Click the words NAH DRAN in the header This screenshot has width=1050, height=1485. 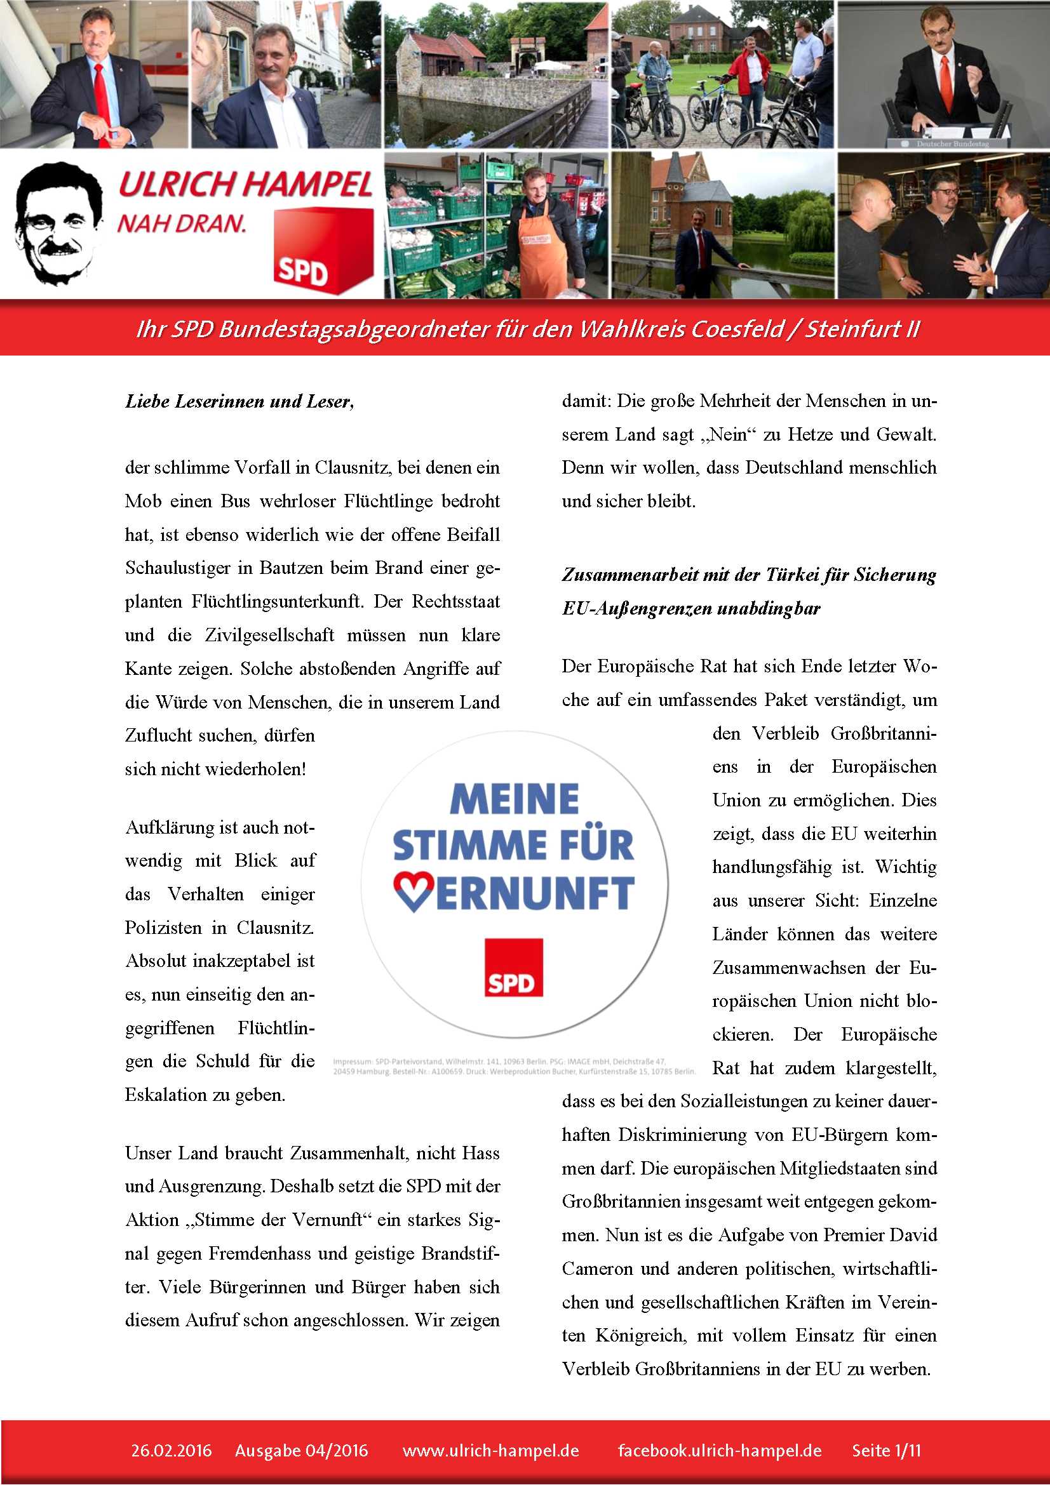tap(182, 223)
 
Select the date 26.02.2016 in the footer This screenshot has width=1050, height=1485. tap(172, 1450)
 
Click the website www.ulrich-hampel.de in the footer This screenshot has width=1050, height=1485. tap(490, 1450)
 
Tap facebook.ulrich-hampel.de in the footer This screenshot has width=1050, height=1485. tap(720, 1450)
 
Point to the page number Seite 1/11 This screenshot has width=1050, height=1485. tap(885, 1450)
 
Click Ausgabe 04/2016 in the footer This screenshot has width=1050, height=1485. tap(302, 1450)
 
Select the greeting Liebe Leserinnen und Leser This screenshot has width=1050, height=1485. tap(239, 402)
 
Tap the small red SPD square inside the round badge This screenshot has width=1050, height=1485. tap(514, 968)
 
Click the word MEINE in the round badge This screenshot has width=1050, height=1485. tap(515, 799)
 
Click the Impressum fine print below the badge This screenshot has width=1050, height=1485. tap(515, 1066)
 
